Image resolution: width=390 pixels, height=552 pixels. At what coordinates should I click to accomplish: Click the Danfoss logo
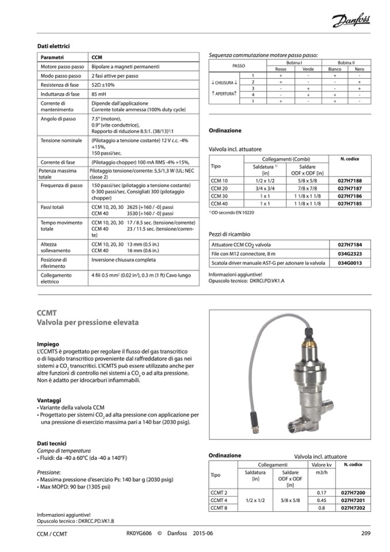pyautogui.click(x=351, y=22)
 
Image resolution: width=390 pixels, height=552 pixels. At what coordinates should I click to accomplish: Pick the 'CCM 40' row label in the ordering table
pyautogui.click(x=220, y=203)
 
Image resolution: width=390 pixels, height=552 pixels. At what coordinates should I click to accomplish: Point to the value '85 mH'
pyautogui.click(x=100, y=94)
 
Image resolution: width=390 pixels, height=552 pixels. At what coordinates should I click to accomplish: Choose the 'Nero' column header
pyautogui.click(x=359, y=69)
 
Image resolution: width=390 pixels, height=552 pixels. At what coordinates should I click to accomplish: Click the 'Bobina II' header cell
pyautogui.click(x=346, y=62)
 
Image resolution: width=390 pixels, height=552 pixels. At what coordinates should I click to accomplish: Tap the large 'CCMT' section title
pyautogui.click(x=47, y=313)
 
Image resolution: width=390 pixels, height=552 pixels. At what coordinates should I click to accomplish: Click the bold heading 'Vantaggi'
pyautogui.click(x=49, y=399)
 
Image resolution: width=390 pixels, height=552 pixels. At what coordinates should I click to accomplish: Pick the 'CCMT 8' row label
pyautogui.click(x=219, y=508)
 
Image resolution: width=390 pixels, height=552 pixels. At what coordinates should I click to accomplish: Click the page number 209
pyautogui.click(x=365, y=533)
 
